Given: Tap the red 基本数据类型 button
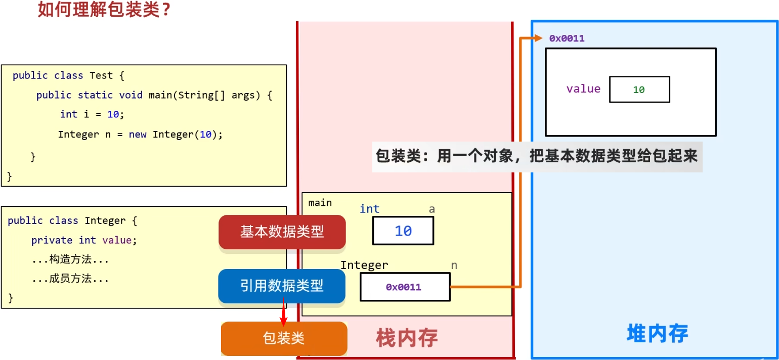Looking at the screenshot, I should (282, 232).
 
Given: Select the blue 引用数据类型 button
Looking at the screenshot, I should (282, 286).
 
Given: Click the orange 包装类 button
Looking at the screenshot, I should (284, 338).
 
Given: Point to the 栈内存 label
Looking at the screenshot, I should (407, 338).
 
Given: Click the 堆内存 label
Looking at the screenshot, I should (657, 334).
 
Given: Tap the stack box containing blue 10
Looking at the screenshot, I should (403, 231).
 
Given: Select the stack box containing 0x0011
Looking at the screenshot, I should (404, 287).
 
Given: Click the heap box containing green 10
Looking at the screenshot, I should (639, 89).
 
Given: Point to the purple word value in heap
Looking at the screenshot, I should (583, 89).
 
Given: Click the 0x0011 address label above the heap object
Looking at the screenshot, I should (567, 38).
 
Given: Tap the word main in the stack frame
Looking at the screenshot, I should (320, 203).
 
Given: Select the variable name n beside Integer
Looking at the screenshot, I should (454, 265).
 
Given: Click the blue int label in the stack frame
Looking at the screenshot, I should (369, 209).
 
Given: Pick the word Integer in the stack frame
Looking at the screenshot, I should (364, 265).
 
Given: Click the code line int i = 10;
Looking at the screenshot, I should (92, 114).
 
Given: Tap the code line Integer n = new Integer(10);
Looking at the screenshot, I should (140, 134).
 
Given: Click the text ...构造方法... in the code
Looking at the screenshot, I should (70, 260).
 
